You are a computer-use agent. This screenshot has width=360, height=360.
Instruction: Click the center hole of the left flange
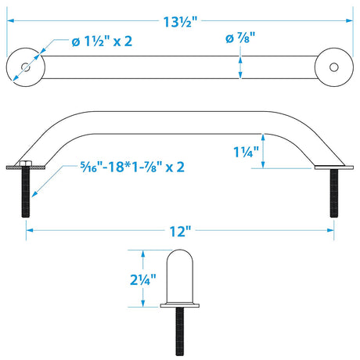point(27,67)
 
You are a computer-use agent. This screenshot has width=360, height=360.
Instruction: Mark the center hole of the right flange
point(333,67)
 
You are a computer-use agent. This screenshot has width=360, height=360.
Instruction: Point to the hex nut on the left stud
point(26,164)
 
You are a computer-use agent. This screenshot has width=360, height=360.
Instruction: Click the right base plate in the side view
point(333,167)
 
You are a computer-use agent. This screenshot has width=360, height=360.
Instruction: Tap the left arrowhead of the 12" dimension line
point(30,229)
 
